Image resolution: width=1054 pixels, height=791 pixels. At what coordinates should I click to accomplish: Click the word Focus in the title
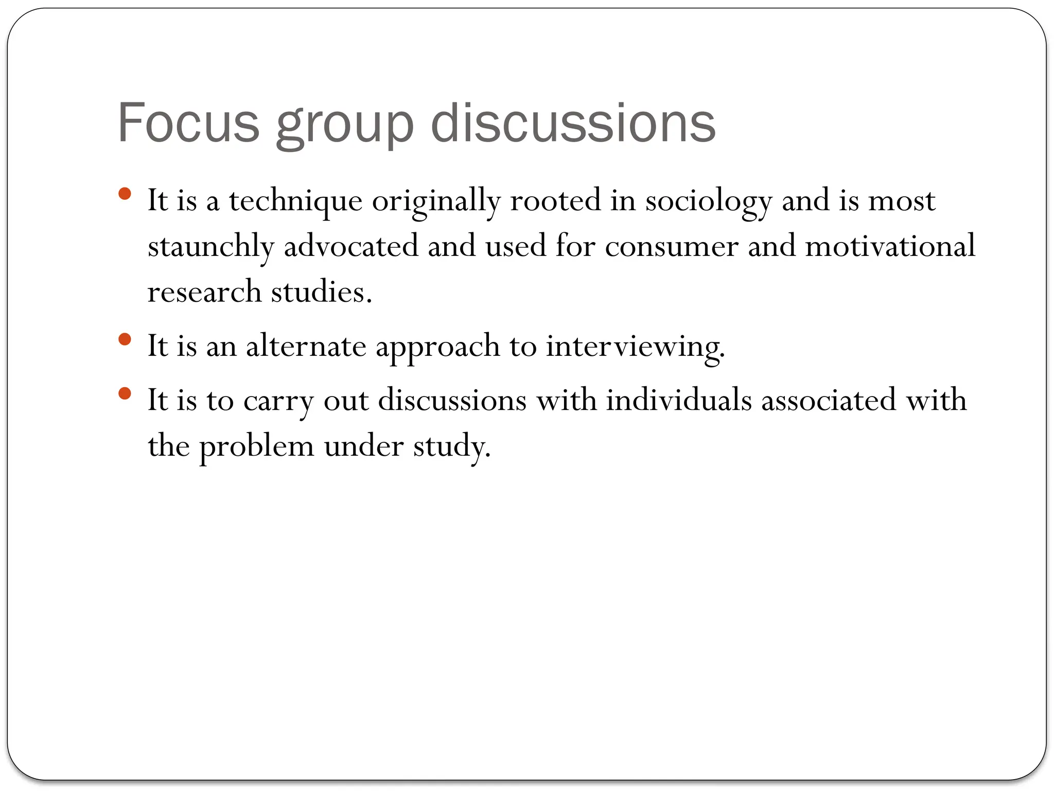pos(188,123)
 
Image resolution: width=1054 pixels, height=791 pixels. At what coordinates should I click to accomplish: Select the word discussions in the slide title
pos(573,123)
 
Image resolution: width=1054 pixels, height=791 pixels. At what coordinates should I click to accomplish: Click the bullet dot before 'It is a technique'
pos(125,194)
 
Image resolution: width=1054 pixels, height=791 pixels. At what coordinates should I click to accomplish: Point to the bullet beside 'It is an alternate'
pos(125,339)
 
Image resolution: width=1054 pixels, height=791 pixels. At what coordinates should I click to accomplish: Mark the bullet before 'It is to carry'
pos(125,394)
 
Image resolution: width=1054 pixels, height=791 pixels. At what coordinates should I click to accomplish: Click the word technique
pos(295,201)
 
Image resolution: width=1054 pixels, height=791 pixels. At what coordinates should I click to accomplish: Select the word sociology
pos(709,201)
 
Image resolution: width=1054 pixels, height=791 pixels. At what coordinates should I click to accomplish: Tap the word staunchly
pos(210,247)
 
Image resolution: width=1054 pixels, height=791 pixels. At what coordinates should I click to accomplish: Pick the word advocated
pos(351,246)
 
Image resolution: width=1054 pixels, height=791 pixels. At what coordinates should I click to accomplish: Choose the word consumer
pos(672,247)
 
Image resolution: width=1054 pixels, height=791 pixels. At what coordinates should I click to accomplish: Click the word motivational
pos(890,246)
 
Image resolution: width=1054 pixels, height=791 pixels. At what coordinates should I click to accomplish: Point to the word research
pos(204,292)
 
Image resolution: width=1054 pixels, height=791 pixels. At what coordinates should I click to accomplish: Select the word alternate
pos(306,346)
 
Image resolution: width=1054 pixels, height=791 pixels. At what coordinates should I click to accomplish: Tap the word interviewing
pos(635,347)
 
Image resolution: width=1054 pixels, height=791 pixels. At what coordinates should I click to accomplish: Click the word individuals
pos(679,400)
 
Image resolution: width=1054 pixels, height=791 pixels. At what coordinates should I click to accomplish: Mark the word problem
pos(256,446)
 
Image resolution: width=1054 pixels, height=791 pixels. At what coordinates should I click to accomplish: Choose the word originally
pos(436,201)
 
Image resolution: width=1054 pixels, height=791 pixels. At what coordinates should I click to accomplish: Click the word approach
pos(438,347)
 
